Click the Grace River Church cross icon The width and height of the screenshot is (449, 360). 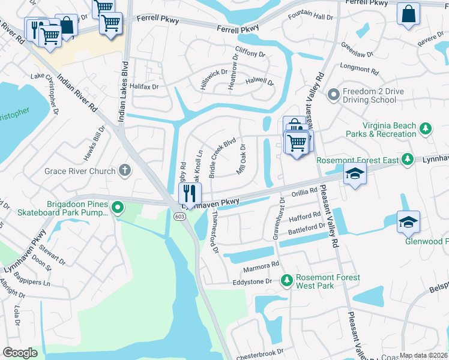point(125,171)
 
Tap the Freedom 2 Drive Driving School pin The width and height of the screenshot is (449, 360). point(333,95)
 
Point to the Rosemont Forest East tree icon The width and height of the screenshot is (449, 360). point(408,159)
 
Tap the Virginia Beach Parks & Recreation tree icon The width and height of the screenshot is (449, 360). point(426,128)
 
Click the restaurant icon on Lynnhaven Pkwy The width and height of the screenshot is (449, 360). point(190,193)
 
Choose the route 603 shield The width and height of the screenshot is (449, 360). point(180,216)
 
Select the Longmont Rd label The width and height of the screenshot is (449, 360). point(360,71)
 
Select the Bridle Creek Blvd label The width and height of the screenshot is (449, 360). point(221,159)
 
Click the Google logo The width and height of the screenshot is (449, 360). point(20,353)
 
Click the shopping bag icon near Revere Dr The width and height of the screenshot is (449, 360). point(408,15)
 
